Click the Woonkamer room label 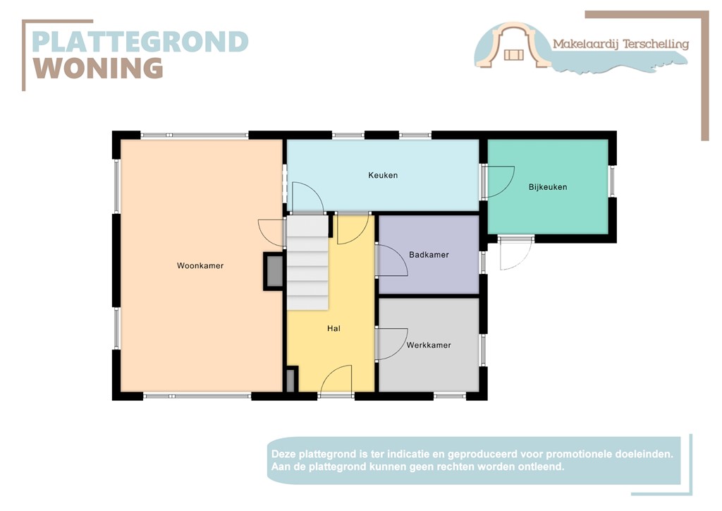(x=200, y=266)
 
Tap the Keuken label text (x=383, y=175)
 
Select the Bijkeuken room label (x=548, y=187)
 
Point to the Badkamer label (x=429, y=255)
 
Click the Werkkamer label (x=429, y=345)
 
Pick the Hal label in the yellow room (x=334, y=328)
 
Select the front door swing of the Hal (x=336, y=380)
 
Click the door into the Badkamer (x=392, y=260)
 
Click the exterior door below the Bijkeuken (x=515, y=253)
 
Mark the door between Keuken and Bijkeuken (x=499, y=181)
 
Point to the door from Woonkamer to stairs (x=272, y=232)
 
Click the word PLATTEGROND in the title (x=140, y=42)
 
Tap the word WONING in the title (x=98, y=68)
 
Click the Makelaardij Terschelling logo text (x=620, y=44)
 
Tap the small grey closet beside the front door (x=291, y=380)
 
